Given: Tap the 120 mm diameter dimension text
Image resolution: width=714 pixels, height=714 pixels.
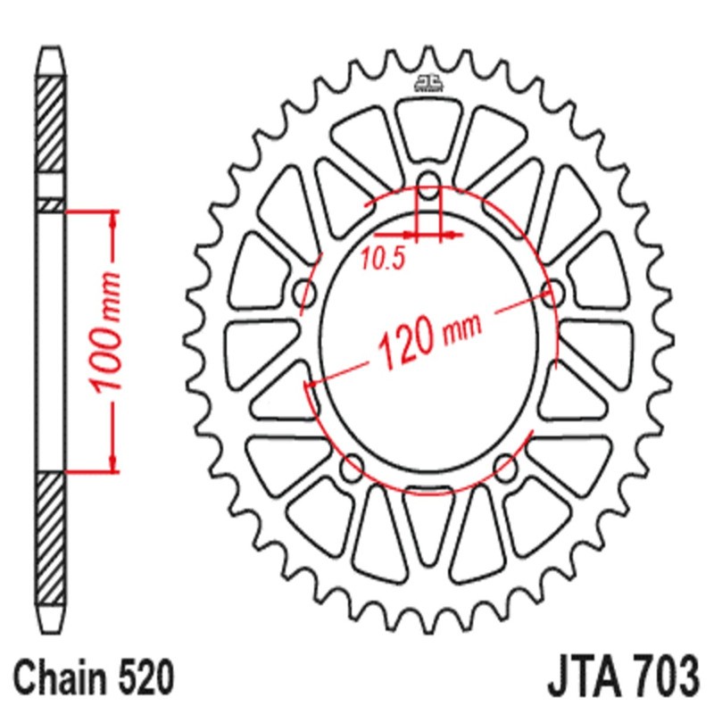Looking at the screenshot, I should (428, 338).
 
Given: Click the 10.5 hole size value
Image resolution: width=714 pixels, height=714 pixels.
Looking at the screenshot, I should (383, 260).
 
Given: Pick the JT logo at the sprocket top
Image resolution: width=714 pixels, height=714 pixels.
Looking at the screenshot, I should (428, 83).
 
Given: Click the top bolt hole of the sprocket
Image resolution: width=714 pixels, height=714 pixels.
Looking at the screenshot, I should (429, 187).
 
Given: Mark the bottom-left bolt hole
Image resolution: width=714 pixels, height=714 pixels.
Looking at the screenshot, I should (353, 463).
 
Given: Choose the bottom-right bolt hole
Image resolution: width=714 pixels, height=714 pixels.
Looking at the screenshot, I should (505, 463).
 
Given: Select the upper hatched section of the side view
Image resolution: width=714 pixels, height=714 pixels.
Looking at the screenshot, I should (51, 125).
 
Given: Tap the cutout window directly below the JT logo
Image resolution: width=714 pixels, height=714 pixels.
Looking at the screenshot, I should (428, 129).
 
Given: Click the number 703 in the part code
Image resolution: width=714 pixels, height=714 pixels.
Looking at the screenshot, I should (661, 670).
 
